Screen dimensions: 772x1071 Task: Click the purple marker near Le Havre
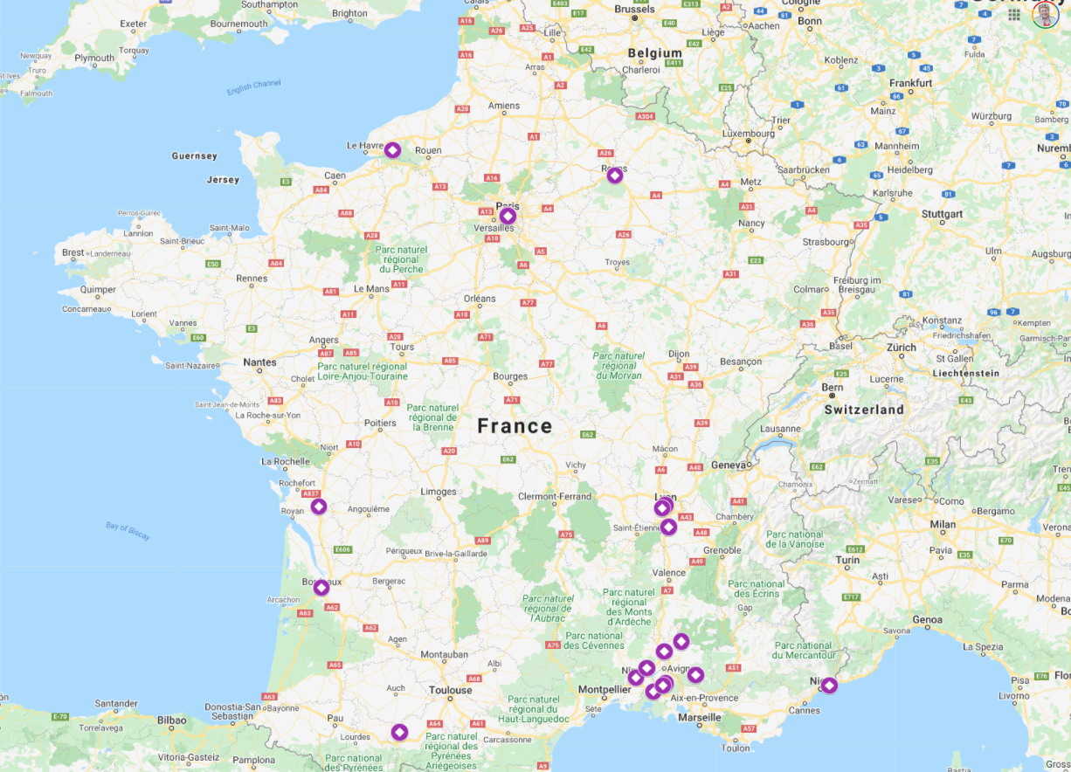tap(392, 151)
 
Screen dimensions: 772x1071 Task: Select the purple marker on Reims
tap(614, 176)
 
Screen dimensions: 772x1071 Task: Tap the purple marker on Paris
tap(508, 216)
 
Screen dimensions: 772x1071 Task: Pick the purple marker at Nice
tap(829, 686)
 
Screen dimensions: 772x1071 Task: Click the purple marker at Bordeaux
tap(321, 588)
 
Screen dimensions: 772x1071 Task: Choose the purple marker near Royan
tap(319, 507)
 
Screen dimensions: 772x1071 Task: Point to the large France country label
tap(515, 426)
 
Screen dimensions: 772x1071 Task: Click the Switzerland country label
tap(864, 409)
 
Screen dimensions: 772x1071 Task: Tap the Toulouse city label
tap(450, 690)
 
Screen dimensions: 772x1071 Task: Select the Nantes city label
tap(259, 362)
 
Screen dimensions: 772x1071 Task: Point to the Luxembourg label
tap(749, 134)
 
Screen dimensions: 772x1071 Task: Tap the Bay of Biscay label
tap(128, 531)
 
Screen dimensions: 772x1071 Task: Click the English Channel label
tap(253, 89)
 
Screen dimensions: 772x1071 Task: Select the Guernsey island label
tap(194, 156)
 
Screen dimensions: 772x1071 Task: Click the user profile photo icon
tap(1045, 14)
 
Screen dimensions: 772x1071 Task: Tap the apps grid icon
tap(1014, 14)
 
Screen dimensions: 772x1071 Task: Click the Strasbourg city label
tap(826, 242)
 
